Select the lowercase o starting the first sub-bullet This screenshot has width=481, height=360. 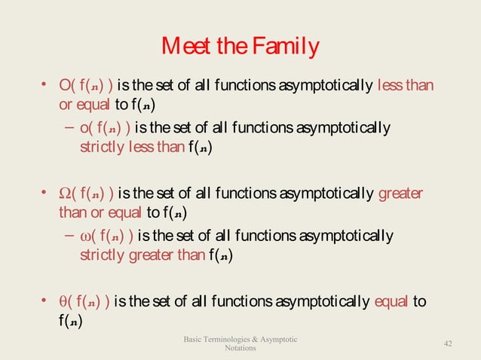[84, 130]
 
